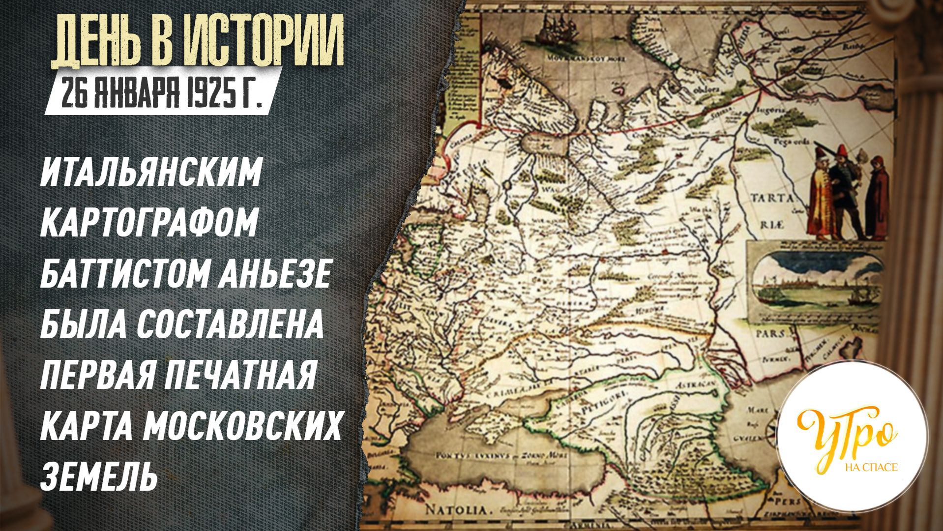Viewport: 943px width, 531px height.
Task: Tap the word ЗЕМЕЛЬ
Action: [x=98, y=476]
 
